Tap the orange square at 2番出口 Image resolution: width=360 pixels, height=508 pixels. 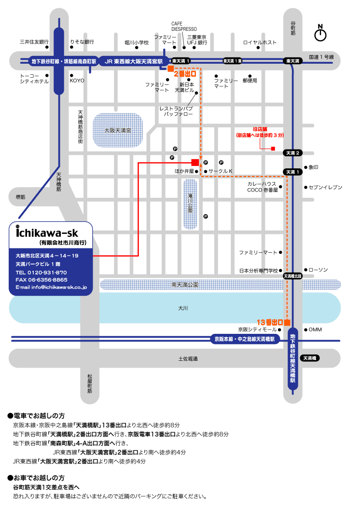click(171, 69)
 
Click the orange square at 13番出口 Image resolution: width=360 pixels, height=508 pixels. click(287, 322)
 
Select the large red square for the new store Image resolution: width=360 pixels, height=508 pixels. click(195, 162)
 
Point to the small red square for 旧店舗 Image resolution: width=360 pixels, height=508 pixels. click(273, 149)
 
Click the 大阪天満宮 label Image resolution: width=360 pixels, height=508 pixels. click(118, 130)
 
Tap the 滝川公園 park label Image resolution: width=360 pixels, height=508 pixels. click(190, 203)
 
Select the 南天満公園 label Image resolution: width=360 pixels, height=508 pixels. click(185, 285)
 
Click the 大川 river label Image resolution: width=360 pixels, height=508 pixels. click(183, 308)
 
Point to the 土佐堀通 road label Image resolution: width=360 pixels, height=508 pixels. click(188, 358)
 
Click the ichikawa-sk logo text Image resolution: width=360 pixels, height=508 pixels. click(47, 233)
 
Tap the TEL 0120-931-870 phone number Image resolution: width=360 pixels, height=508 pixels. click(41, 273)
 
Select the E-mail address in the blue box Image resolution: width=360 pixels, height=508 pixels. click(51, 287)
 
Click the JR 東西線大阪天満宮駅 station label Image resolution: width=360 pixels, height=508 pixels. click(134, 61)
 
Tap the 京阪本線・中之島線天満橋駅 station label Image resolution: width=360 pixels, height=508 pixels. click(245, 339)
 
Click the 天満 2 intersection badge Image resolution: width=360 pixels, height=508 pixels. click(292, 153)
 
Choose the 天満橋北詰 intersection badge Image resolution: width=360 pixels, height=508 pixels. click(292, 276)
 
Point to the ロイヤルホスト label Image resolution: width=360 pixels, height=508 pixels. click(260, 42)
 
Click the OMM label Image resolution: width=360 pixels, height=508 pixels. click(315, 330)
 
